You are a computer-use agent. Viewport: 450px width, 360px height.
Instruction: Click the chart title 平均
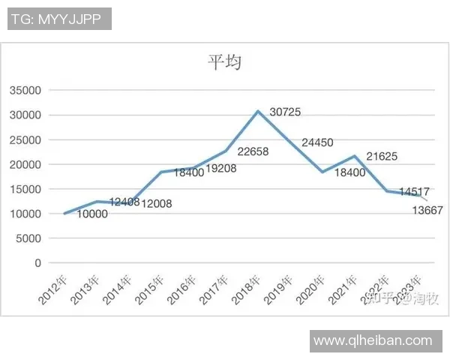coord(224,63)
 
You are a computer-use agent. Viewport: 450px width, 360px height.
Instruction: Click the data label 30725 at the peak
coord(285,112)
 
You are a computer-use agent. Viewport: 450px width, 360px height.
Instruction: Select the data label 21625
coord(382,157)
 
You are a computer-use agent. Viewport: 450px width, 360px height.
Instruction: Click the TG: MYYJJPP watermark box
coord(60,19)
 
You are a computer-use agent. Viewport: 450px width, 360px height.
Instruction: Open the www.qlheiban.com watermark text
coord(373,340)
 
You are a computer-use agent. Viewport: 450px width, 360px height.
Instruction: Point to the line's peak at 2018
coord(258,111)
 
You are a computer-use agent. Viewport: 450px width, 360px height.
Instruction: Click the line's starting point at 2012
coord(64,214)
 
